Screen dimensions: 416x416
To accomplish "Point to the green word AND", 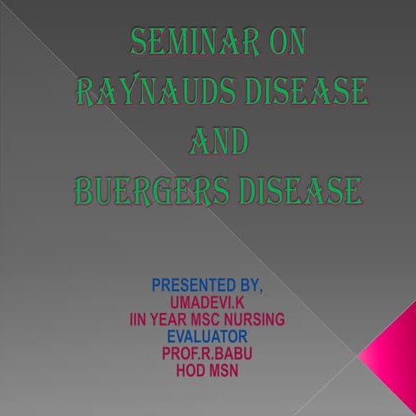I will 217,140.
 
